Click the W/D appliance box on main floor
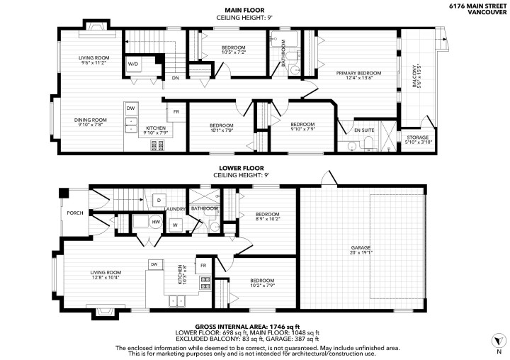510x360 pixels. (132, 64)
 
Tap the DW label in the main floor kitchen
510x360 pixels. (130, 108)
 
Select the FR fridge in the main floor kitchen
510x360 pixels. (176, 112)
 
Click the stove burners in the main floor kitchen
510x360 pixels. (157, 145)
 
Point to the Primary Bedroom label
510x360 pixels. (358, 73)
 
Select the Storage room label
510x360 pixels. (418, 137)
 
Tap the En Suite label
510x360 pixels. (364, 130)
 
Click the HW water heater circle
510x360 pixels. (156, 222)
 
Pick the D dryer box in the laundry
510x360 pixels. (159, 200)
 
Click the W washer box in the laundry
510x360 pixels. (176, 225)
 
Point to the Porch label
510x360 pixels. (75, 213)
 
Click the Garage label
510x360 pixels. (361, 248)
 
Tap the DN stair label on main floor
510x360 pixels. (176, 78)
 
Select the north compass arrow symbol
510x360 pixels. (498, 341)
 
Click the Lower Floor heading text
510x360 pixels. (242, 168)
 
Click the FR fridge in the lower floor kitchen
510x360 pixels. (203, 266)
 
